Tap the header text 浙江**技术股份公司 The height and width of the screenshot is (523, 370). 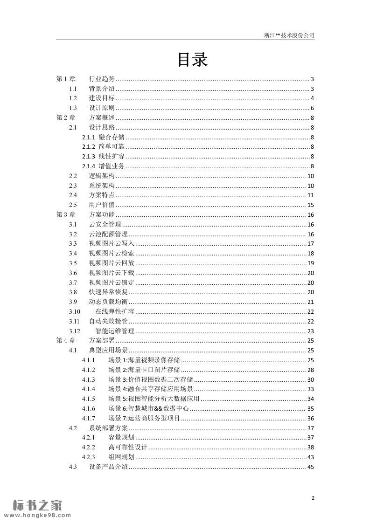click(x=289, y=35)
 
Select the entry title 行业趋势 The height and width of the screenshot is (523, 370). click(x=102, y=79)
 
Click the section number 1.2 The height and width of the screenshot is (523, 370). click(x=73, y=98)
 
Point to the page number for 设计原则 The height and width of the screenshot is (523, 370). click(x=312, y=108)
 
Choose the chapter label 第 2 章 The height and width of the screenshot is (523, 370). click(x=65, y=118)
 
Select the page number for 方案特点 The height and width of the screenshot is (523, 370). click(x=310, y=195)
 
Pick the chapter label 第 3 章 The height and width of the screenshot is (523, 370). click(x=65, y=214)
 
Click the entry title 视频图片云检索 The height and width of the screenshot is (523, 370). click(x=112, y=253)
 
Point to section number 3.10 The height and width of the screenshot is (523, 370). click(x=75, y=311)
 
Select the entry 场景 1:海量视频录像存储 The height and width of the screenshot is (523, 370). click(x=144, y=360)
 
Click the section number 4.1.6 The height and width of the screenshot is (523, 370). click(x=89, y=409)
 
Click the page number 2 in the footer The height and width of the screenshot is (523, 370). click(x=313, y=498)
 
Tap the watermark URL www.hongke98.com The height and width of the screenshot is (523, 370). click(x=36, y=516)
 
